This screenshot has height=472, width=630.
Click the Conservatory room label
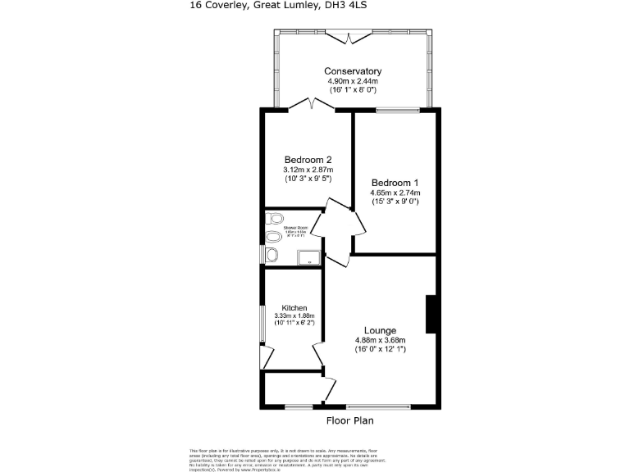point(353,71)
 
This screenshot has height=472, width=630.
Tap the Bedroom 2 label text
point(308,159)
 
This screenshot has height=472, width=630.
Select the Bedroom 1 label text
point(395,182)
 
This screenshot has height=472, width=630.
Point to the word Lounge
point(381,330)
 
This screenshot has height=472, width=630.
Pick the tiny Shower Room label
point(296,227)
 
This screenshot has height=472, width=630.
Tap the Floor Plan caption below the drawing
point(351,421)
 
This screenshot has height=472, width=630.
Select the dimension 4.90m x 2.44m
point(353,81)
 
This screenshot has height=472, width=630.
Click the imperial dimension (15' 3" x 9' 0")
point(395,202)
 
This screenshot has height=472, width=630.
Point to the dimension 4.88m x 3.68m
point(381,340)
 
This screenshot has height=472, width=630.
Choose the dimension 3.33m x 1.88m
point(294,315)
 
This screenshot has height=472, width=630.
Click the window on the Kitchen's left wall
point(264,316)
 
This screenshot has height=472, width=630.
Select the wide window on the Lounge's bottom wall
point(378,406)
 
